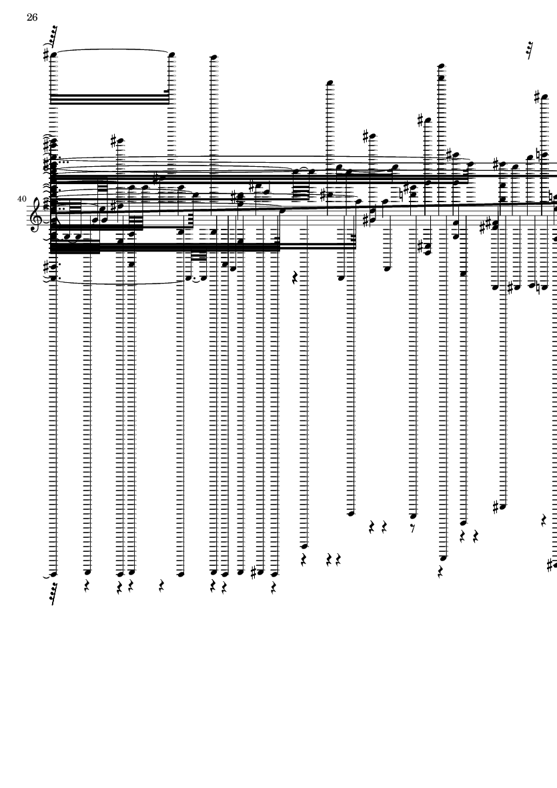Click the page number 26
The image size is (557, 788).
point(32,17)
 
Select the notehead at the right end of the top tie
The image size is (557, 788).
point(171,55)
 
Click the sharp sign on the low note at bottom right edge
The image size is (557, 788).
point(550,565)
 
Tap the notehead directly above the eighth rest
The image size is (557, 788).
point(413,515)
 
